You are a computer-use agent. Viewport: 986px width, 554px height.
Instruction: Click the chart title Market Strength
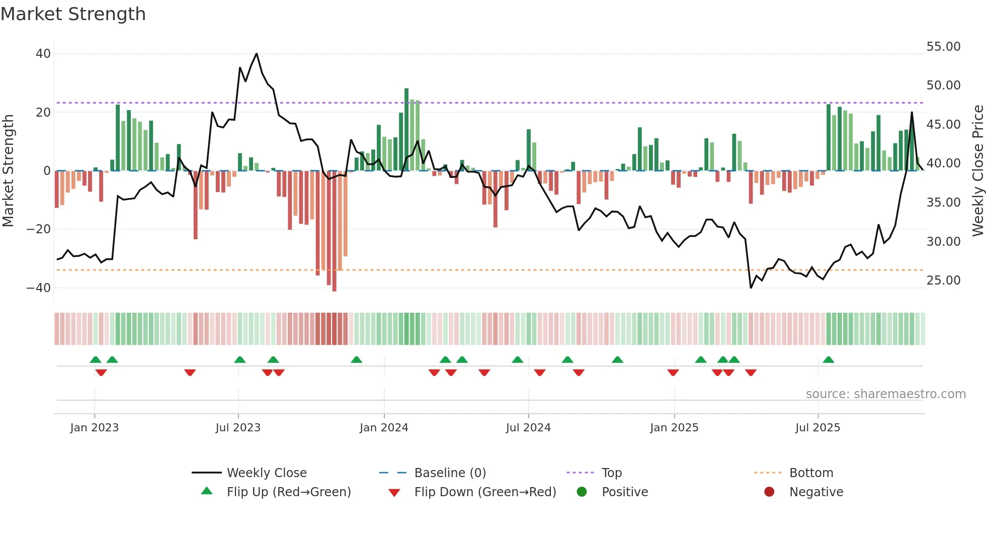(73, 14)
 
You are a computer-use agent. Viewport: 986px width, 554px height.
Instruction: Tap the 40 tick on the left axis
(43, 54)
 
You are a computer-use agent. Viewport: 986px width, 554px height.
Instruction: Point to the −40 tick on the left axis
(39, 288)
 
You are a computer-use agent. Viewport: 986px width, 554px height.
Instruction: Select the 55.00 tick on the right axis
(943, 47)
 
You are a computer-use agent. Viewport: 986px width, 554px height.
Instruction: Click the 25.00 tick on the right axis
(943, 281)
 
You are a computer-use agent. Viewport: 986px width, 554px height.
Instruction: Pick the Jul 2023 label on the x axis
(238, 428)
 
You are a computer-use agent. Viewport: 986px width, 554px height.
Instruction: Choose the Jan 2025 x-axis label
(674, 428)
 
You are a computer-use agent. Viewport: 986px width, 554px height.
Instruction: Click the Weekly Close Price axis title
(977, 171)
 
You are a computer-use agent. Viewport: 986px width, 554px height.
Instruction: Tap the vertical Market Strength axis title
(9, 171)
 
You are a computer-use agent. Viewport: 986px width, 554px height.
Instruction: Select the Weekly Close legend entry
(266, 473)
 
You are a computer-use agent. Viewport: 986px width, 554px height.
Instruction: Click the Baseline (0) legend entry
(450, 473)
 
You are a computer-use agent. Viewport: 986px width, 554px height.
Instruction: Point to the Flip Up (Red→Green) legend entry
(288, 492)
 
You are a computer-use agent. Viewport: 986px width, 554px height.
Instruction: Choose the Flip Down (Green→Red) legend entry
(485, 492)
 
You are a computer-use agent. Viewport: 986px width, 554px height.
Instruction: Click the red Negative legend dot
(769, 492)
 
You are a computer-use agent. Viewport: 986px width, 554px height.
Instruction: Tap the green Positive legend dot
(582, 492)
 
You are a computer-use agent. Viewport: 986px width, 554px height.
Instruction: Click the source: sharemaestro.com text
(885, 394)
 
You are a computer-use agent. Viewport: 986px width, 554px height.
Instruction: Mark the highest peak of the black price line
(257, 54)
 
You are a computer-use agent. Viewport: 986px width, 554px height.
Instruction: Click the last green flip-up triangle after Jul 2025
(829, 359)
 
